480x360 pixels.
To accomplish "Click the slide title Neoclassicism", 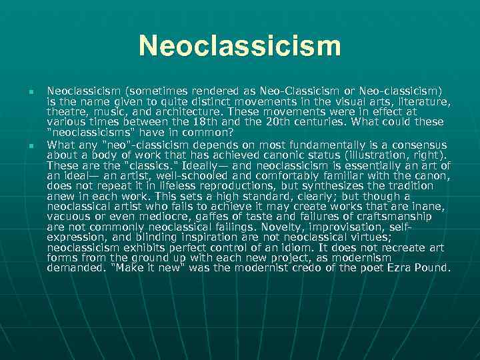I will pos(240,47).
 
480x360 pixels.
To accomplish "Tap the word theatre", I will pos(65,112).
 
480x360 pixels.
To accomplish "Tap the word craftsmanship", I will pos(393,217).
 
